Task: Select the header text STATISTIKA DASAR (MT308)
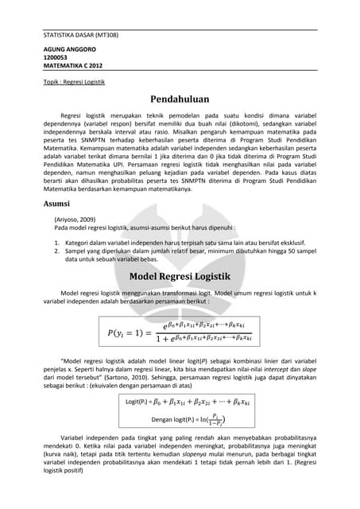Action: [x=79, y=36]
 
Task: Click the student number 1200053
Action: [x=56, y=57]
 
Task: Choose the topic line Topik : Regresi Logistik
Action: [x=74, y=82]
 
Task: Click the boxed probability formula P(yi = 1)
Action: [x=180, y=328]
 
